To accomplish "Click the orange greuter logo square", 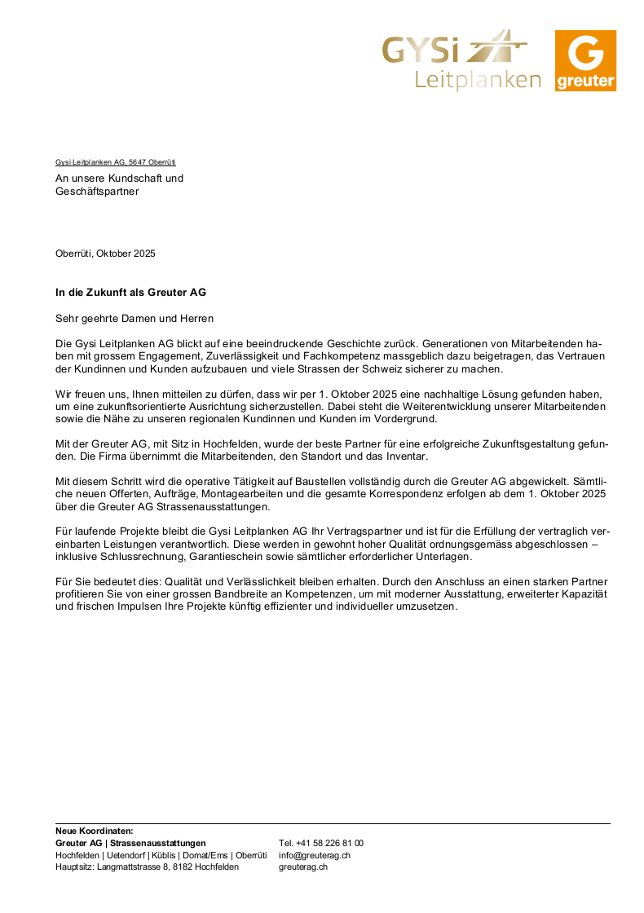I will pos(585,60).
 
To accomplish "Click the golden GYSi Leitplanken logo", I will pos(461,60).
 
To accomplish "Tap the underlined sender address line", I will pos(116,162).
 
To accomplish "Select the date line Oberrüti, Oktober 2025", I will pos(105,254).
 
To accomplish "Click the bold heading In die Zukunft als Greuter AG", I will pos(130,292).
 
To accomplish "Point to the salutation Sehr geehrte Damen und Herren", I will pos(135,318).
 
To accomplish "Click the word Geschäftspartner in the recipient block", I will pos(97,192).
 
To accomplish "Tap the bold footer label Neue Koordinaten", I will pos(94,831).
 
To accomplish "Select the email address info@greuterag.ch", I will pos(315,855).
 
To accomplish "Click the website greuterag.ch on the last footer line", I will pos(303,867).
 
